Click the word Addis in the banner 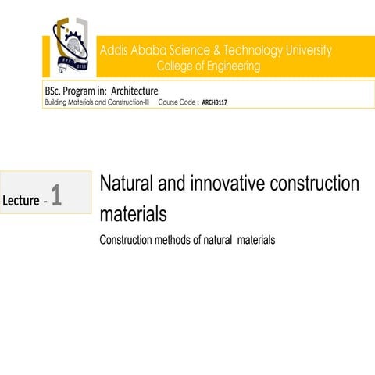click(x=114, y=51)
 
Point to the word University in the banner click(x=307, y=51)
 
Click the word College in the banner click(x=176, y=66)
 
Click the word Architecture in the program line click(x=134, y=91)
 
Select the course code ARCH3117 click(x=214, y=102)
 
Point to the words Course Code click(x=177, y=102)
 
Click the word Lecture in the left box click(x=21, y=202)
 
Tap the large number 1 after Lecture click(x=56, y=196)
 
